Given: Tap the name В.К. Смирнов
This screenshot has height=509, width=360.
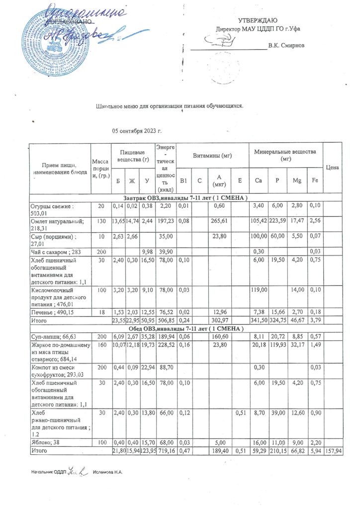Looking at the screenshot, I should [x=286, y=46].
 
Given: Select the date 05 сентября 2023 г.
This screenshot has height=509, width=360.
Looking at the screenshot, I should [x=137, y=131].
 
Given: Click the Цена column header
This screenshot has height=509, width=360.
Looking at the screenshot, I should [x=332, y=168].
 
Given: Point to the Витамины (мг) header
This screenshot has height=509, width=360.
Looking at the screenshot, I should [x=212, y=155].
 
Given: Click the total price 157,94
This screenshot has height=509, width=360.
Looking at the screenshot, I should [x=332, y=449].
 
